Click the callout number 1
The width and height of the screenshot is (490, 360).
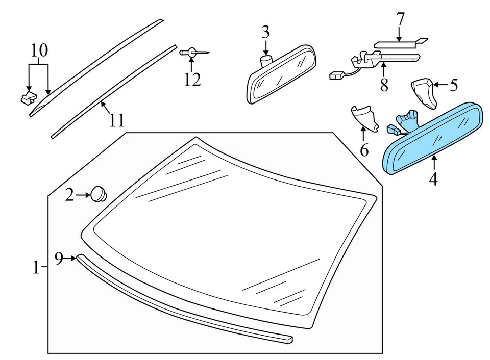click(x=36, y=267)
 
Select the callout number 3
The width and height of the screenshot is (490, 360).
click(x=265, y=33)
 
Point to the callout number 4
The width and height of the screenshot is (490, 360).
click(x=433, y=179)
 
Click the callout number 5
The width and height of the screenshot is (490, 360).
click(x=454, y=85)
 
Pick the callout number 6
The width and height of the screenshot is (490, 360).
click(x=364, y=150)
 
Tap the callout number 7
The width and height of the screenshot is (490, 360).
click(x=400, y=20)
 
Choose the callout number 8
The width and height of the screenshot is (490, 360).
click(x=384, y=84)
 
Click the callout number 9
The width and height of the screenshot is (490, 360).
click(x=59, y=259)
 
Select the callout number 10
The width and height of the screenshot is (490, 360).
click(x=39, y=50)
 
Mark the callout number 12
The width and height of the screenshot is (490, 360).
click(x=192, y=80)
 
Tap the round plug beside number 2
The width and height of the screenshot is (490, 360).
click(x=97, y=194)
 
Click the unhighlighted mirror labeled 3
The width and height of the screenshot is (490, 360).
click(x=281, y=74)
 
